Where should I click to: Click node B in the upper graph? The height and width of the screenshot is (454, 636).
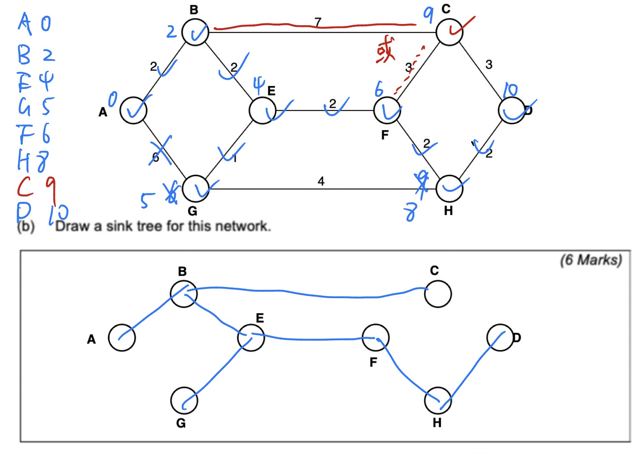click(195, 32)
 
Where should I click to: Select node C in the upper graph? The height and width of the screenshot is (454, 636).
click(450, 32)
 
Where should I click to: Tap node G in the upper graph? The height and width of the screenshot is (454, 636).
click(195, 189)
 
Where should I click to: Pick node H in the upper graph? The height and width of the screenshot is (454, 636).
click(450, 189)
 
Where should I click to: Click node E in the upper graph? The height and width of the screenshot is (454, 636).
click(262, 110)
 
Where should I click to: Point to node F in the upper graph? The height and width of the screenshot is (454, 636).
click(387, 110)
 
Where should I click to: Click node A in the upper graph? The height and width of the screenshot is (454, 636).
click(133, 110)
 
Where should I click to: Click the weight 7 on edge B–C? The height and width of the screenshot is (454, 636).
click(318, 22)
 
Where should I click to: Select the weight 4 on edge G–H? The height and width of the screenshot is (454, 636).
click(321, 181)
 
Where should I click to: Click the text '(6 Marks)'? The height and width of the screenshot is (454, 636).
click(591, 260)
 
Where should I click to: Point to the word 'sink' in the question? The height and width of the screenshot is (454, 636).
click(120, 226)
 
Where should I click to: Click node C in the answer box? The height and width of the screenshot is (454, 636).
click(438, 294)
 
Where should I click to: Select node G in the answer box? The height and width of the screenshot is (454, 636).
click(184, 400)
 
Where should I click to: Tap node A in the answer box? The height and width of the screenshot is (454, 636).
click(122, 337)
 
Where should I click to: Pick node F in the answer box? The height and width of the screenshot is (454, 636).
click(375, 337)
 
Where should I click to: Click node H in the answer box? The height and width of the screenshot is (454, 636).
click(438, 400)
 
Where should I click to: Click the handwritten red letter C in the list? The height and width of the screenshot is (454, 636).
click(25, 186)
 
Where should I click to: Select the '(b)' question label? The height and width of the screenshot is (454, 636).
click(26, 227)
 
